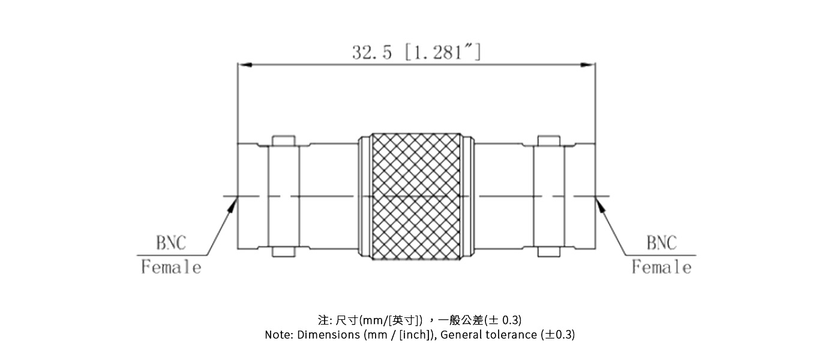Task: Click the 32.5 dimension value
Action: point(372,52)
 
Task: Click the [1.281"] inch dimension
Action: point(443,52)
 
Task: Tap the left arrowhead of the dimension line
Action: point(242,64)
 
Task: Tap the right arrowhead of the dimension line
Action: point(590,64)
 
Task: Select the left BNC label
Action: point(171,243)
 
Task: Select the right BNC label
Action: point(661,243)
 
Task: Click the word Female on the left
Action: point(171,267)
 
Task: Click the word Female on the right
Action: point(661,267)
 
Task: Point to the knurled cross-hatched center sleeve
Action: point(416,196)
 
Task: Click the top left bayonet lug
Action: point(284,140)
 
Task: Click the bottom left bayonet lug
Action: point(284,252)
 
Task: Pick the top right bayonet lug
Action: point(549,140)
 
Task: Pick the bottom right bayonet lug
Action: point(549,252)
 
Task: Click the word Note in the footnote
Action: point(278,335)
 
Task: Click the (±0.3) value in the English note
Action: point(557,335)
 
